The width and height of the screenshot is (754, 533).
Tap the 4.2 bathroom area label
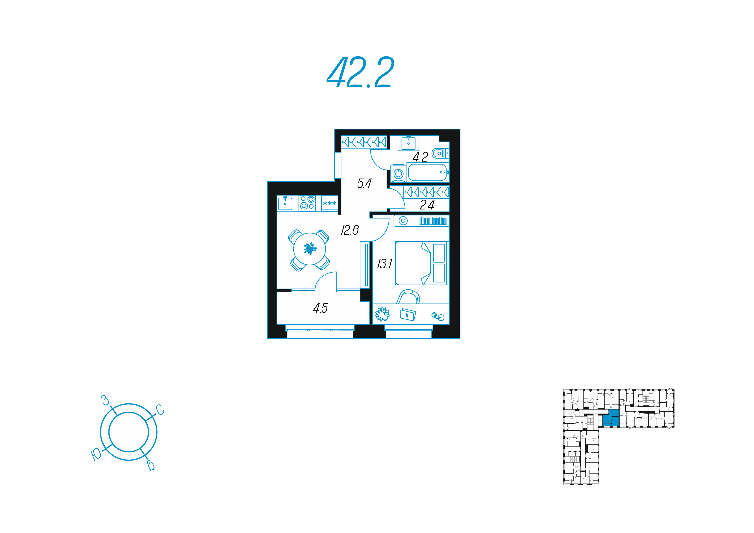(x=420, y=157)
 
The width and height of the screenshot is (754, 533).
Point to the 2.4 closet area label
(x=427, y=205)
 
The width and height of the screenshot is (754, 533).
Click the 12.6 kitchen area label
(x=350, y=230)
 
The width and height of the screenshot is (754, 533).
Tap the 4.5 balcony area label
(x=320, y=308)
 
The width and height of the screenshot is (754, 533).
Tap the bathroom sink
(x=408, y=143)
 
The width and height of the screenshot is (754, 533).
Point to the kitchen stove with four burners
(x=307, y=203)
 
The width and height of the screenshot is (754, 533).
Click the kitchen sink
(x=285, y=203)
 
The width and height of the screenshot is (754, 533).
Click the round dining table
(x=309, y=249)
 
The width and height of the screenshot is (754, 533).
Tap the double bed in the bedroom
(x=422, y=263)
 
